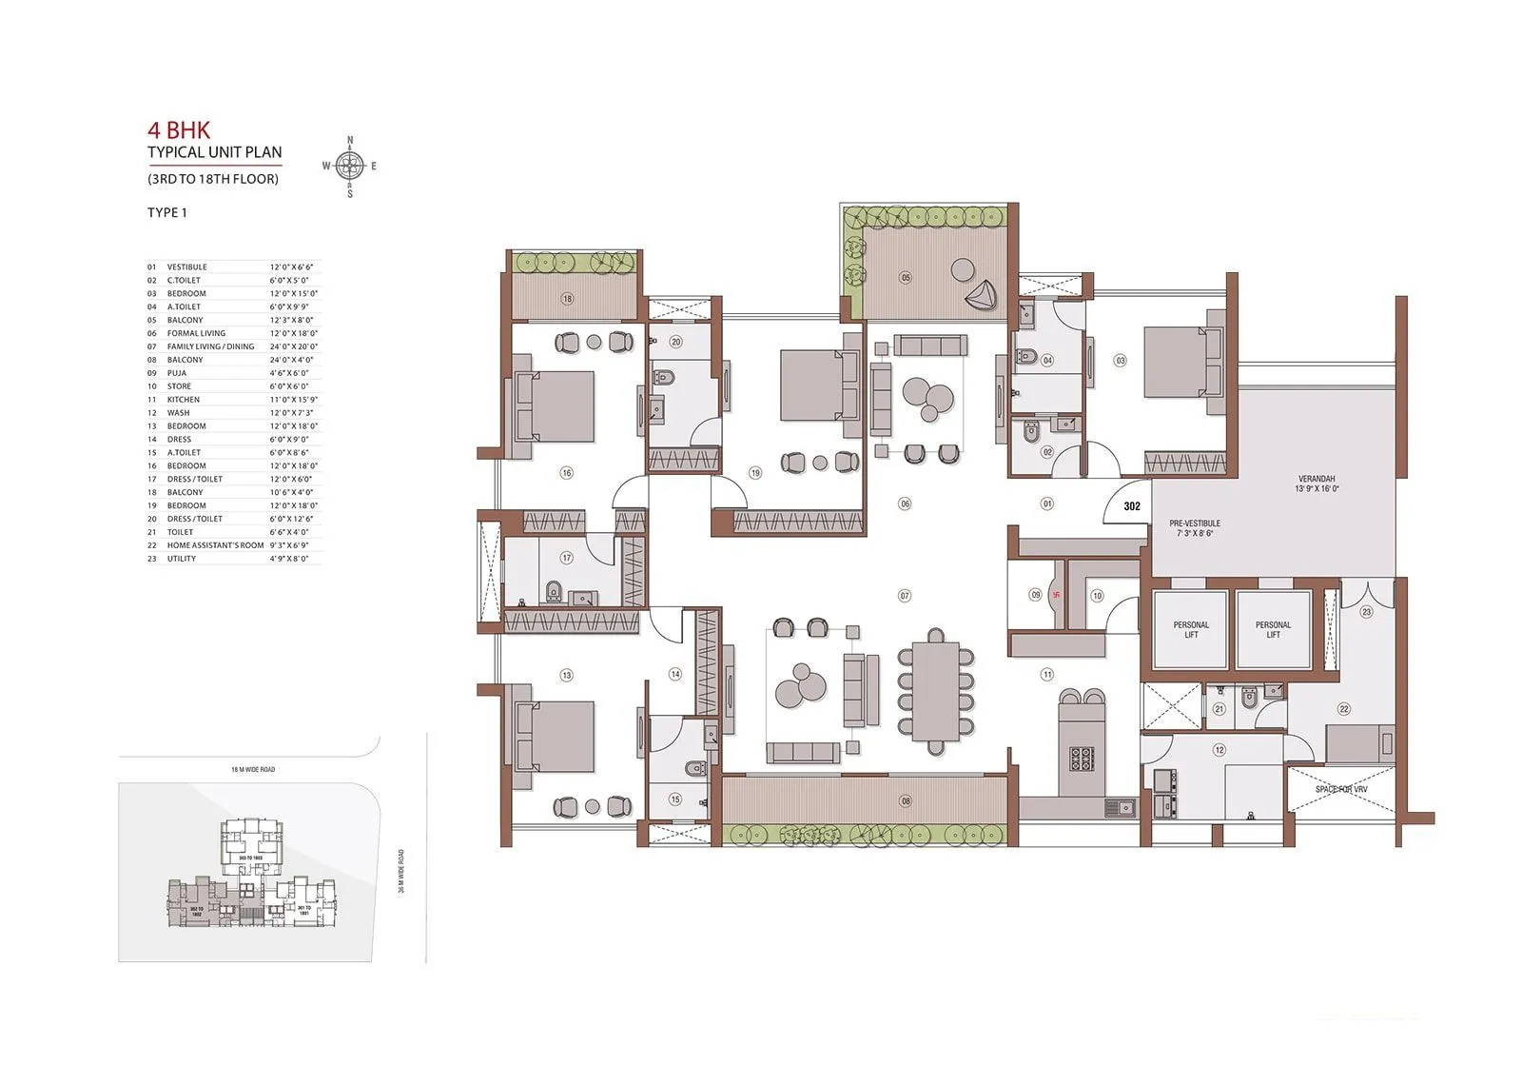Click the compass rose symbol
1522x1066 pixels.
pyautogui.click(x=349, y=167)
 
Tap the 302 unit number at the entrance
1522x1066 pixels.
pyautogui.click(x=1131, y=506)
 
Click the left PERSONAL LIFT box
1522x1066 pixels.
pyautogui.click(x=1191, y=630)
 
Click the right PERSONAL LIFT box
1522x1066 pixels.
pyautogui.click(x=1273, y=630)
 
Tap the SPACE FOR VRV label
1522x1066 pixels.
pyautogui.click(x=1341, y=790)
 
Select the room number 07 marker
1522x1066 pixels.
pyautogui.click(x=905, y=596)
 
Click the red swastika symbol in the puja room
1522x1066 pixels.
pyautogui.click(x=1053, y=597)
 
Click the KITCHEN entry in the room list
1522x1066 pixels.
pyautogui.click(x=184, y=400)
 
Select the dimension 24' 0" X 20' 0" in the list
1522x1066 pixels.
pyautogui.click(x=294, y=346)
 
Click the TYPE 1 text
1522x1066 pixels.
pyautogui.click(x=167, y=212)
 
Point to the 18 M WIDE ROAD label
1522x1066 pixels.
pyautogui.click(x=253, y=769)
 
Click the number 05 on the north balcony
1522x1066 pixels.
pyautogui.click(x=906, y=278)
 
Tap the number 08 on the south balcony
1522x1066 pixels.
pyautogui.click(x=906, y=801)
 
